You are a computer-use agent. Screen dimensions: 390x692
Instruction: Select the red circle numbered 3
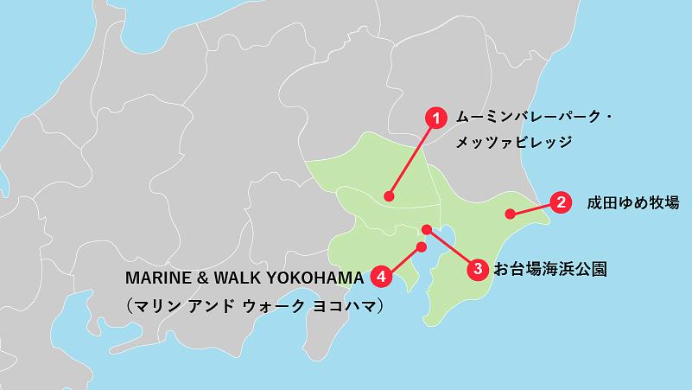[x=479, y=268]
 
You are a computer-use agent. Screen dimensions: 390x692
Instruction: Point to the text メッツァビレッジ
[x=514, y=141]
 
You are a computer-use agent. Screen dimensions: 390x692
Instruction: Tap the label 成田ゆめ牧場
[x=633, y=204]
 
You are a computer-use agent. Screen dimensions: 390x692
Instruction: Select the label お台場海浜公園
[x=549, y=269]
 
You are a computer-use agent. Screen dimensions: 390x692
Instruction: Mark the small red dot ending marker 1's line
[x=390, y=195]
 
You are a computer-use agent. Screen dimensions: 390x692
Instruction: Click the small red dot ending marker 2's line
[x=511, y=213]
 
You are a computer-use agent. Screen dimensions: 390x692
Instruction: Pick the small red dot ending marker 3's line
[x=426, y=229]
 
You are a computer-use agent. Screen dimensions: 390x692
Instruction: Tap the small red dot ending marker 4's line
[x=422, y=247]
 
